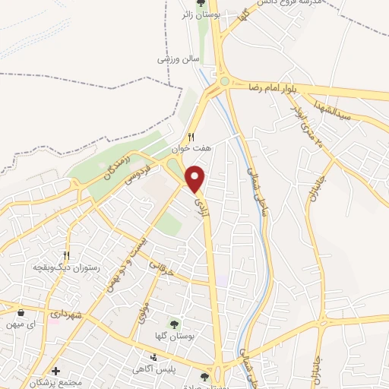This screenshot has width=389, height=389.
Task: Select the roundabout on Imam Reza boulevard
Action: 224,81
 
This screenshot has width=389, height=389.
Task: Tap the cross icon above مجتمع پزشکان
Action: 55,371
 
